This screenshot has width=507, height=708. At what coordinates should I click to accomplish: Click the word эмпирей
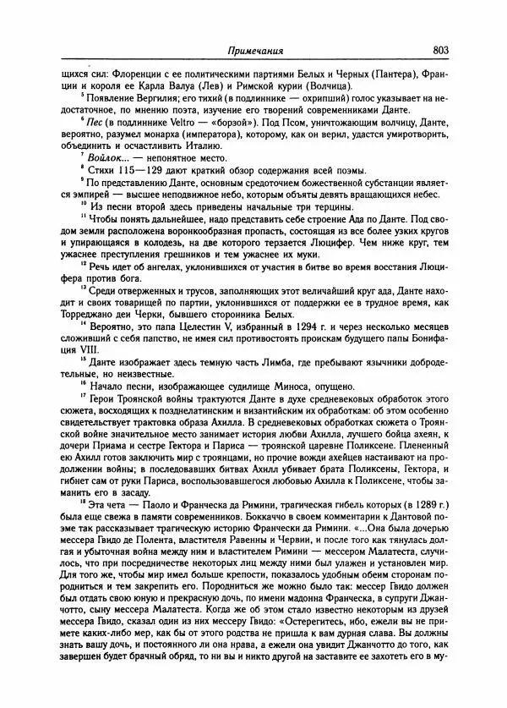72,200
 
